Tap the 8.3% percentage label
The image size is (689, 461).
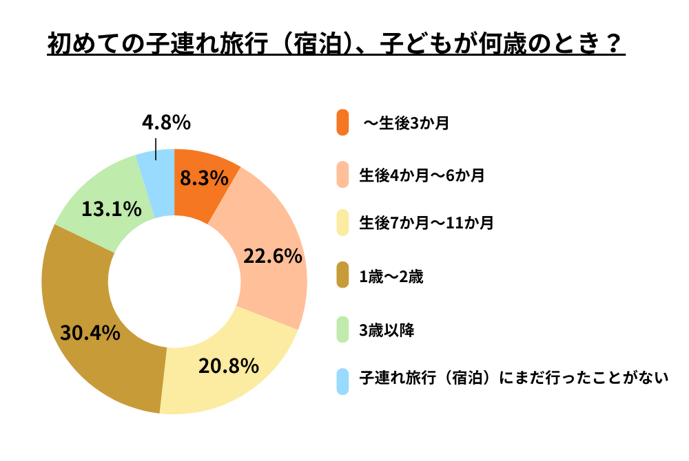pyautogui.click(x=204, y=179)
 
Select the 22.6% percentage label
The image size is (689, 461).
pyautogui.click(x=273, y=257)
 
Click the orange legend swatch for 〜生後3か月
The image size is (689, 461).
pyautogui.click(x=343, y=123)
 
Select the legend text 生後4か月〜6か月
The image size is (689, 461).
pyautogui.click(x=422, y=175)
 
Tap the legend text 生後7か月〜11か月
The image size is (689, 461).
pyautogui.click(x=426, y=224)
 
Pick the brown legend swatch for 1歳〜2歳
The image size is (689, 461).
pyautogui.click(x=343, y=277)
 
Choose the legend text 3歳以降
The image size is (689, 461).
pyautogui.click(x=387, y=330)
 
